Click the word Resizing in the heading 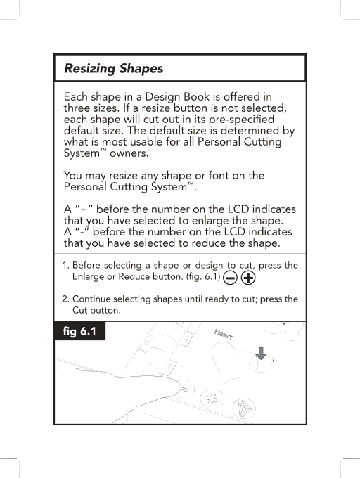pyautogui.click(x=90, y=69)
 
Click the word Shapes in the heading pyautogui.click(x=141, y=69)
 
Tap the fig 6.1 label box pyautogui.click(x=79, y=331)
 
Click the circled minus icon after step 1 pyautogui.click(x=230, y=278)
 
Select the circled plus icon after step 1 pyautogui.click(x=248, y=278)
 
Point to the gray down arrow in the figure pyautogui.click(x=261, y=353)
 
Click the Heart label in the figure pyautogui.click(x=224, y=335)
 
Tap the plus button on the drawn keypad pyautogui.click(x=212, y=398)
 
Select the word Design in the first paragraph pyautogui.click(x=162, y=97)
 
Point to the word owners pyautogui.click(x=129, y=153)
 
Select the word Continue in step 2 pyautogui.click(x=91, y=299)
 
